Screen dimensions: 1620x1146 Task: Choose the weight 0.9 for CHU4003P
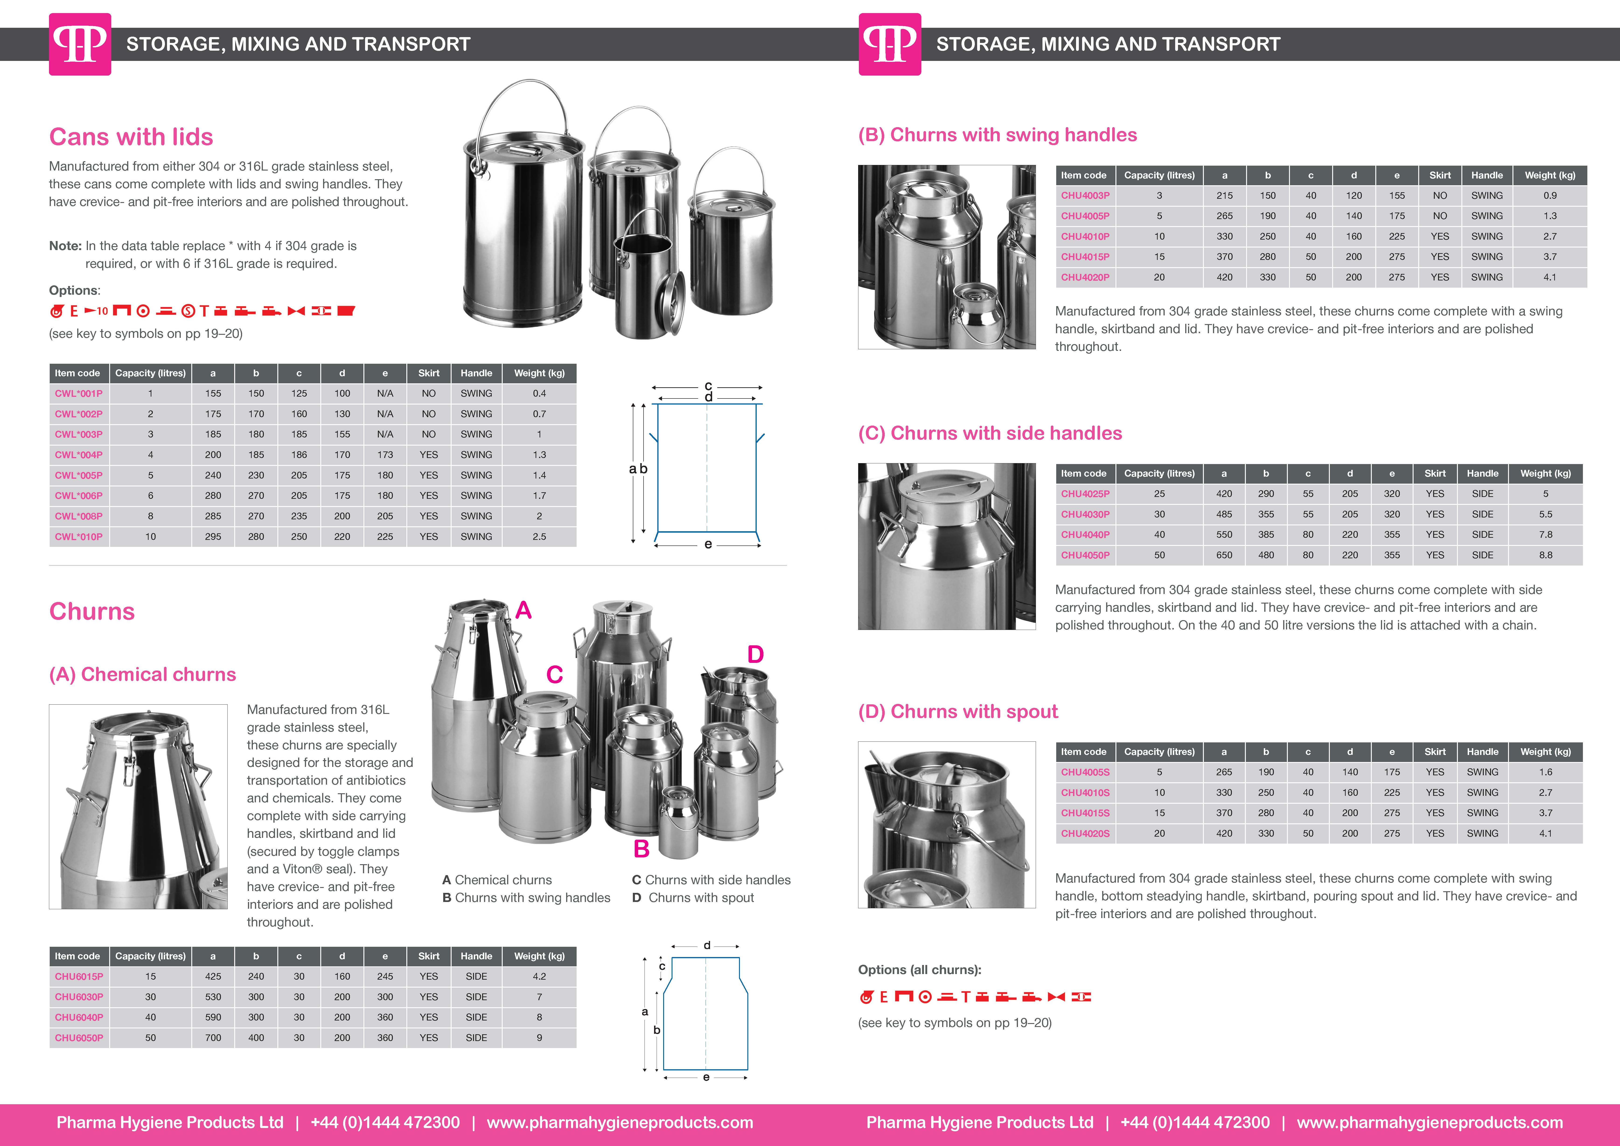[x=1550, y=196]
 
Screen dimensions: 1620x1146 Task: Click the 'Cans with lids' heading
[x=131, y=137]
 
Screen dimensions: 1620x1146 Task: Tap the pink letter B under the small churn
[x=641, y=849]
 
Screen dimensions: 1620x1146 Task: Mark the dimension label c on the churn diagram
[x=662, y=966]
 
